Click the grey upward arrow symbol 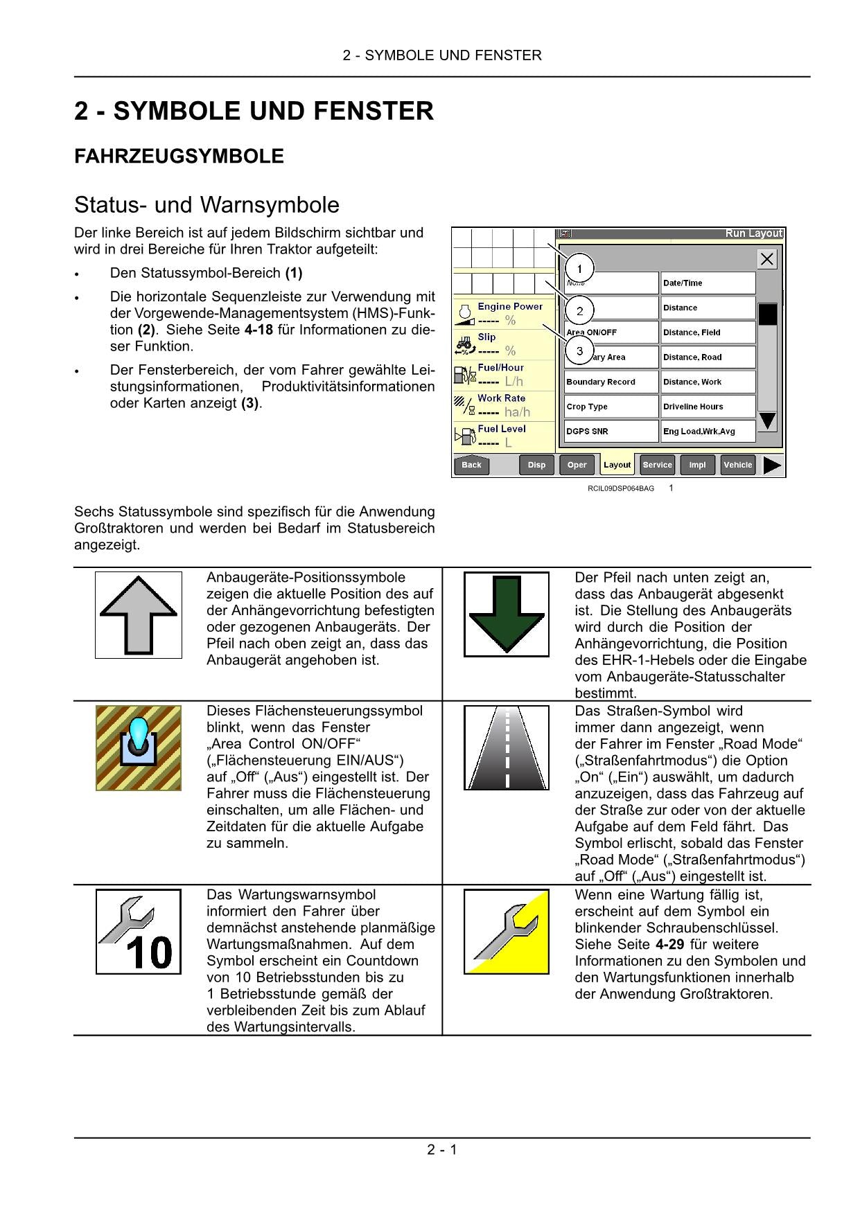[x=139, y=614]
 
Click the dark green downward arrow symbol [x=507, y=614]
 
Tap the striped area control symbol [x=139, y=748]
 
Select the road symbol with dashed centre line [x=507, y=748]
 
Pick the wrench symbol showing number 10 [x=139, y=932]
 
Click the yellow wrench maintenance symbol [x=507, y=932]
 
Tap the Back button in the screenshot [x=471, y=465]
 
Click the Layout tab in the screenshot [x=617, y=465]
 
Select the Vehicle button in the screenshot [x=737, y=465]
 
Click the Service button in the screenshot [x=657, y=465]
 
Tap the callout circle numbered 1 [x=579, y=269]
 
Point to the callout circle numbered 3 [x=579, y=351]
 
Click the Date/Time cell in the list [x=708, y=283]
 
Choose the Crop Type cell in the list [x=611, y=407]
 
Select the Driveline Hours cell [x=708, y=407]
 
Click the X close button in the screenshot [x=766, y=259]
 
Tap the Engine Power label [x=510, y=306]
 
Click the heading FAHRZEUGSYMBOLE [x=179, y=157]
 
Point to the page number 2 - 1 [x=442, y=1150]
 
